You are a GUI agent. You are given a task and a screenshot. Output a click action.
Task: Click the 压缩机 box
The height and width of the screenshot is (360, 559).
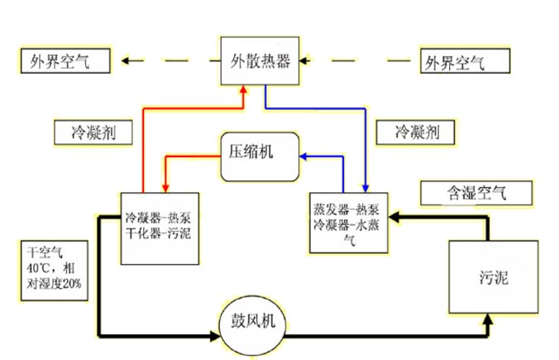coord(260,152)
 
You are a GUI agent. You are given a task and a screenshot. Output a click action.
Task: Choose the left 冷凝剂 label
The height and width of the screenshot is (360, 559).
coord(91,132)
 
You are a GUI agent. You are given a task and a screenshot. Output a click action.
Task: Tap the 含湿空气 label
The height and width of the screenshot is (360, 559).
coord(465,193)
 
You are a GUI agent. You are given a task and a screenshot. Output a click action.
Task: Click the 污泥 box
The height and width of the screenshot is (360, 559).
coord(494,276)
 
